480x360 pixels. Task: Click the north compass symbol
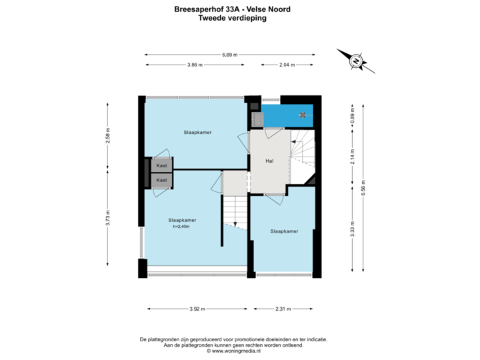(356, 60)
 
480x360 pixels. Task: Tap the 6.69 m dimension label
(231, 55)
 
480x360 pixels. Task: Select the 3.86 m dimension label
(195, 65)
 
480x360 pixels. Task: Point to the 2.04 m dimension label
(287, 65)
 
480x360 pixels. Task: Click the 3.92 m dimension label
(197, 309)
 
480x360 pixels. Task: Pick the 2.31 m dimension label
(284, 309)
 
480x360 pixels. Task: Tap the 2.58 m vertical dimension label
(108, 135)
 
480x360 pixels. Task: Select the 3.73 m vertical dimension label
(108, 217)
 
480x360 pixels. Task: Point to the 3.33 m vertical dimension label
(351, 228)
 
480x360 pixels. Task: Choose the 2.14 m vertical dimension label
(351, 157)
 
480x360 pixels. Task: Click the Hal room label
(269, 161)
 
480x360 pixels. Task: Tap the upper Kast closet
(161, 165)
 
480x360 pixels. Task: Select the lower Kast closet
(161, 180)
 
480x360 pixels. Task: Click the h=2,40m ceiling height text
(182, 227)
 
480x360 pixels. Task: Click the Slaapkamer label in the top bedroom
(198, 133)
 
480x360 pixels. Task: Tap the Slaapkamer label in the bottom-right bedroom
(284, 231)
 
